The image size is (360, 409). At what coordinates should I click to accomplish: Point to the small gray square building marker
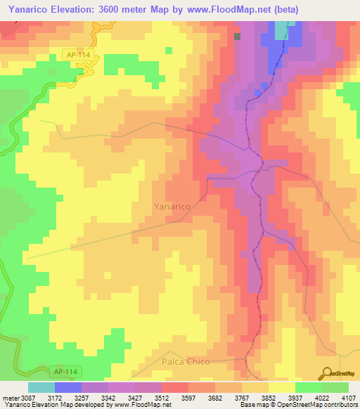[x=238, y=37]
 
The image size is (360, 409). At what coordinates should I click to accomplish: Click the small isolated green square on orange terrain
[x=169, y=50]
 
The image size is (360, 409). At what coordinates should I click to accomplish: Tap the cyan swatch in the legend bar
[x=41, y=387]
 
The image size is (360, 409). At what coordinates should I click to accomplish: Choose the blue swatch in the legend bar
[x=68, y=387]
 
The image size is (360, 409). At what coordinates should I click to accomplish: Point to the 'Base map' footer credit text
[x=255, y=405]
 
